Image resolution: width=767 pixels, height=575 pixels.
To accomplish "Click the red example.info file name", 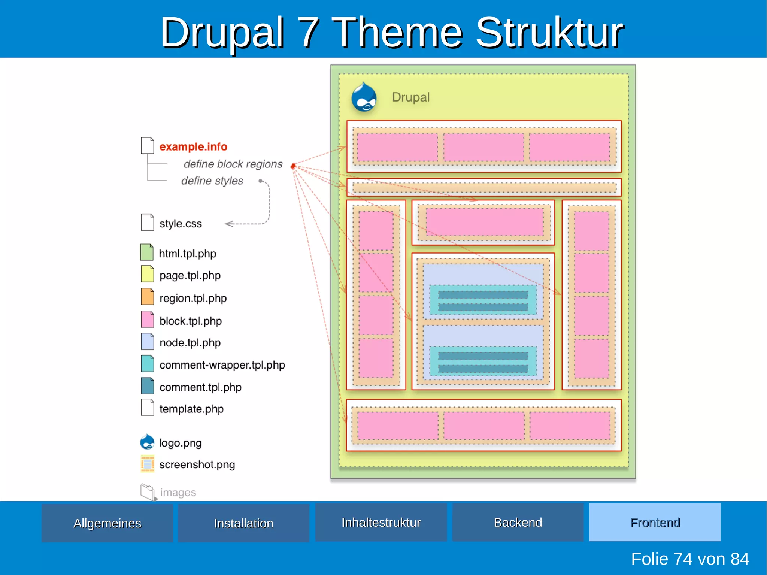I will tap(193, 146).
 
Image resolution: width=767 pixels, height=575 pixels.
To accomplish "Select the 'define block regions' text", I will tap(233, 164).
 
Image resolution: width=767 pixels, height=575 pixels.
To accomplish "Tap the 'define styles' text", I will tap(212, 181).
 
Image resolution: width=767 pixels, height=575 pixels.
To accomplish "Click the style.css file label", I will tap(181, 224).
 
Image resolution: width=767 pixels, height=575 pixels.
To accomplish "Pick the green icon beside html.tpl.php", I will tap(147, 252).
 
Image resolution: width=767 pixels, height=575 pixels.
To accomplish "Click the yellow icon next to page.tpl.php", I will tap(147, 274).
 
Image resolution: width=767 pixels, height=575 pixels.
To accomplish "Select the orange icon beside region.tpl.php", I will tap(147, 297).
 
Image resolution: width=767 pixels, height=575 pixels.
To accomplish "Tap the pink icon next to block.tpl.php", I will tap(147, 320).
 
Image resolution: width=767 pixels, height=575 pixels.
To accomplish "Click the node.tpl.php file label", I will tap(190, 343).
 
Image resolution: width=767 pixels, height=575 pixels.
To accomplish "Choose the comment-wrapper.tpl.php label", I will tap(222, 365).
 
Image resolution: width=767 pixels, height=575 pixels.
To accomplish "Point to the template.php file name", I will tap(191, 409).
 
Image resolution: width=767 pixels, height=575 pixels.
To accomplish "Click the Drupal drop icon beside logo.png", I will tap(147, 442).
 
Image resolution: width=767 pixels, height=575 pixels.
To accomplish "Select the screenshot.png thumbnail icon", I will tap(147, 464).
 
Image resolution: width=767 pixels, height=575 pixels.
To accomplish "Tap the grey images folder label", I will tap(178, 492).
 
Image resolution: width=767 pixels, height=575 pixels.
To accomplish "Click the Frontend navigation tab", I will tap(655, 522).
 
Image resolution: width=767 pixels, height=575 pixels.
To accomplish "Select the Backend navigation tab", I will tap(518, 522).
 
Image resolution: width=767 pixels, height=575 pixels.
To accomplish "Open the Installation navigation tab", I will tap(243, 523).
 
